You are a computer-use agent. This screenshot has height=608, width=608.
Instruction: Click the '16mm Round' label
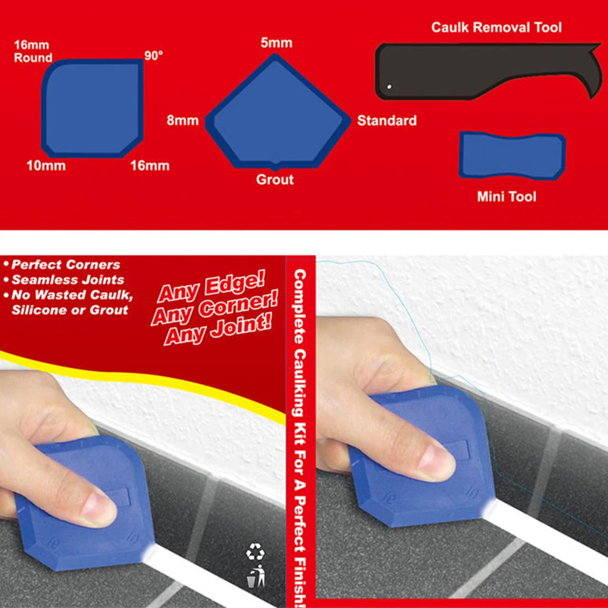pos(33,51)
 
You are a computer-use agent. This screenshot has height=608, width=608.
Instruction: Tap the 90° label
pos(153,56)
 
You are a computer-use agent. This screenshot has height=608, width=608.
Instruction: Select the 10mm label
pos(46,165)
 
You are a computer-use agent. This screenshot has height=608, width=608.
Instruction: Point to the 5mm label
pos(276,43)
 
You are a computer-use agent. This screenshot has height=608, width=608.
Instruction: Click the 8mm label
pos(182,120)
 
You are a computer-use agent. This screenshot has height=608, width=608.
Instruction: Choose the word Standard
pos(387,120)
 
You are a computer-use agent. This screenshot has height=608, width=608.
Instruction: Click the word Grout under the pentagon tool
pos(275,180)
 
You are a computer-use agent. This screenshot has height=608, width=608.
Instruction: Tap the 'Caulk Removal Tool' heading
pos(496,28)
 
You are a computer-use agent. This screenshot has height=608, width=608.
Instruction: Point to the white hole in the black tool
pos(389,87)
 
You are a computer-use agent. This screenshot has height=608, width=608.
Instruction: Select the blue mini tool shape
pos(512,156)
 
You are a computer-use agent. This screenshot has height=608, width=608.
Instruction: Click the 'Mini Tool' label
pos(506,196)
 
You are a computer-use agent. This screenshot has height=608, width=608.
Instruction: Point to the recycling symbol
pos(255,552)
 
